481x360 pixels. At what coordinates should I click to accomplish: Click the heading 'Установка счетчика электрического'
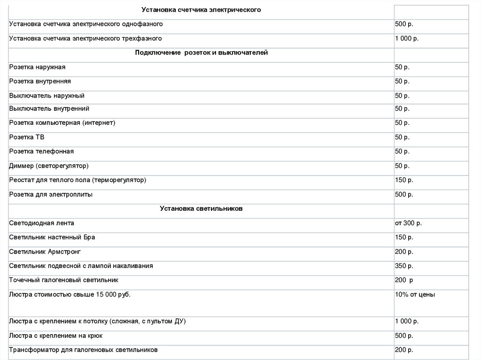pyautogui.click(x=201, y=10)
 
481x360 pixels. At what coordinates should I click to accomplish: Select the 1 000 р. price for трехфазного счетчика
pyautogui.click(x=406, y=38)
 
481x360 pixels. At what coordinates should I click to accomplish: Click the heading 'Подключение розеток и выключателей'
pyautogui.click(x=201, y=53)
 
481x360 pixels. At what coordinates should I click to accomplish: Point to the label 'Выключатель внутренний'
pyautogui.click(x=49, y=109)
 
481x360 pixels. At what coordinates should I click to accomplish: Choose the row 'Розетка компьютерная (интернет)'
pyautogui.click(x=62, y=123)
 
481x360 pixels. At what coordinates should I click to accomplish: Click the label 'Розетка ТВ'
pyautogui.click(x=27, y=138)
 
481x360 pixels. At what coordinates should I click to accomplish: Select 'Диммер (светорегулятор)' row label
pyautogui.click(x=49, y=166)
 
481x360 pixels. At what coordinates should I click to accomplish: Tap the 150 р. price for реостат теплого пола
pyautogui.click(x=404, y=180)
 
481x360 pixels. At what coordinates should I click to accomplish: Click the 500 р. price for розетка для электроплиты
pyautogui.click(x=404, y=194)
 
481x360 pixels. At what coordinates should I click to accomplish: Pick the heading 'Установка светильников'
pyautogui.click(x=201, y=209)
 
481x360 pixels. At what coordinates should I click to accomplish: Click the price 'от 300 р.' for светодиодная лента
pyautogui.click(x=408, y=223)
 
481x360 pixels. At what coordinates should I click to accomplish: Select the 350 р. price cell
pyautogui.click(x=404, y=266)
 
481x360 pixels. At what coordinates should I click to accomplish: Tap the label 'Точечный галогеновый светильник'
pyautogui.click(x=64, y=280)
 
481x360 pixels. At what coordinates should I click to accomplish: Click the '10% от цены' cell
pyautogui.click(x=415, y=295)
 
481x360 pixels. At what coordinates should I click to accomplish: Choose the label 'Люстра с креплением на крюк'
pyautogui.click(x=56, y=336)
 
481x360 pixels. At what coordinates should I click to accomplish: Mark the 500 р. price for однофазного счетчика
pyautogui.click(x=404, y=24)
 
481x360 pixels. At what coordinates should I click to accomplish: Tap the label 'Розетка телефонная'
pyautogui.click(x=41, y=152)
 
